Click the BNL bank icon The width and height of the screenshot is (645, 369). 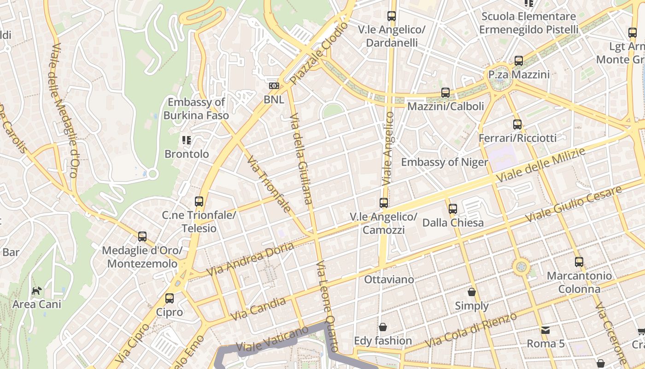274,86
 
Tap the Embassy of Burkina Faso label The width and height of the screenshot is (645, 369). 196,109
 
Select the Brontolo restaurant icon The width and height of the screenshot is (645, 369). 187,140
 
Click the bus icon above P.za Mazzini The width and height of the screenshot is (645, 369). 519,61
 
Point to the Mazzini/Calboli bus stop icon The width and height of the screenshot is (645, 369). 445,93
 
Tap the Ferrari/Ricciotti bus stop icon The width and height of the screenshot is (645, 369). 517,124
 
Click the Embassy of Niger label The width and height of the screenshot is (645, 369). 444,162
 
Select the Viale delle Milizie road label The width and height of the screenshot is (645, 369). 540,165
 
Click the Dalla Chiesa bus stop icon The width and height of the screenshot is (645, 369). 453,209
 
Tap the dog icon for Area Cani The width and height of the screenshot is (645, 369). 36,291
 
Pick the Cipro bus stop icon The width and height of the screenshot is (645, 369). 170,298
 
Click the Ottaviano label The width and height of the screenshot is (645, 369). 389,280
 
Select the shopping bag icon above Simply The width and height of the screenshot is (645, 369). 472,292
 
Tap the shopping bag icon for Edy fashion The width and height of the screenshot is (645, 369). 382,327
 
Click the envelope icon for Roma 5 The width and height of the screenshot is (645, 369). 545,330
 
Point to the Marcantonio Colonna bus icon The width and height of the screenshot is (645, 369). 579,262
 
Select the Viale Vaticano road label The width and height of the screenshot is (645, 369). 272,339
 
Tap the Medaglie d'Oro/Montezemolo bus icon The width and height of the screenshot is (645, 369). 142,237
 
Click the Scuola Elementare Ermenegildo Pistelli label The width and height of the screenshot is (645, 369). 528,23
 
